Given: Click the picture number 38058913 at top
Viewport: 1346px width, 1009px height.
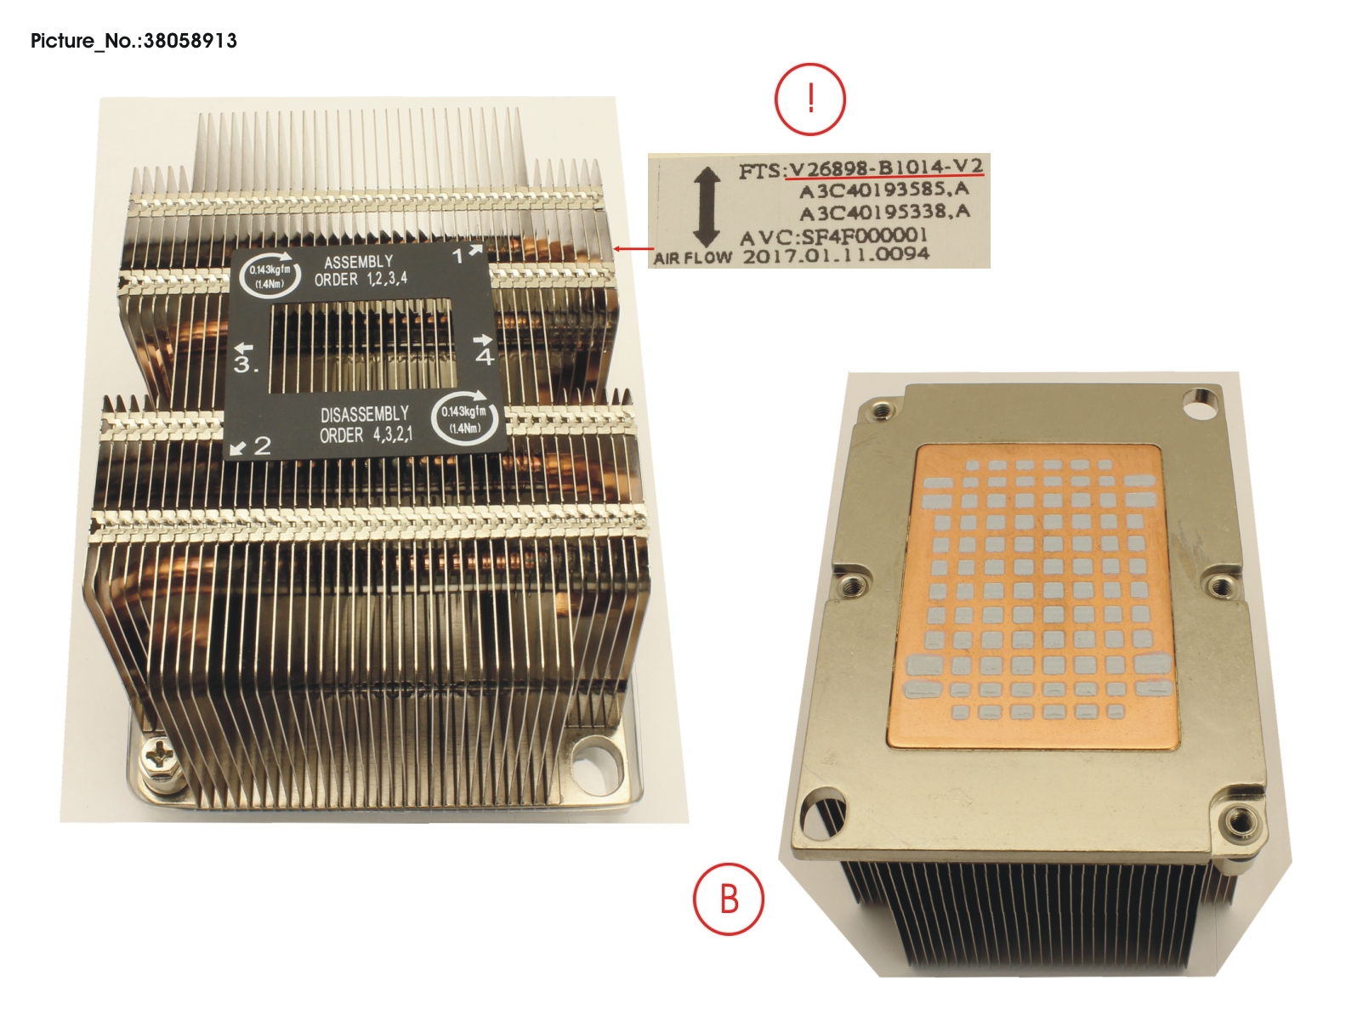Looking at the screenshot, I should (x=133, y=40).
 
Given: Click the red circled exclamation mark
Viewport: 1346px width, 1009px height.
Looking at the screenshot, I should (x=809, y=99).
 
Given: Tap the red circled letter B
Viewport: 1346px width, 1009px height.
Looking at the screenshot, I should (x=729, y=898).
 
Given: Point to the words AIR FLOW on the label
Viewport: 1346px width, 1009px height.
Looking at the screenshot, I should (x=692, y=258).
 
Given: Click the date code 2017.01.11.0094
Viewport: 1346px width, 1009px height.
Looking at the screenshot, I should (x=836, y=254).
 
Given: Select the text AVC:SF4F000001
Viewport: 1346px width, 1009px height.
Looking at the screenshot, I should (x=833, y=235).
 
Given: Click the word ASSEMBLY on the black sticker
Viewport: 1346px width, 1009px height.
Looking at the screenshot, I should (x=358, y=263).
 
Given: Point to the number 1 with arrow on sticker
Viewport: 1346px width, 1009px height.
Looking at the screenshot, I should (x=466, y=253).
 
